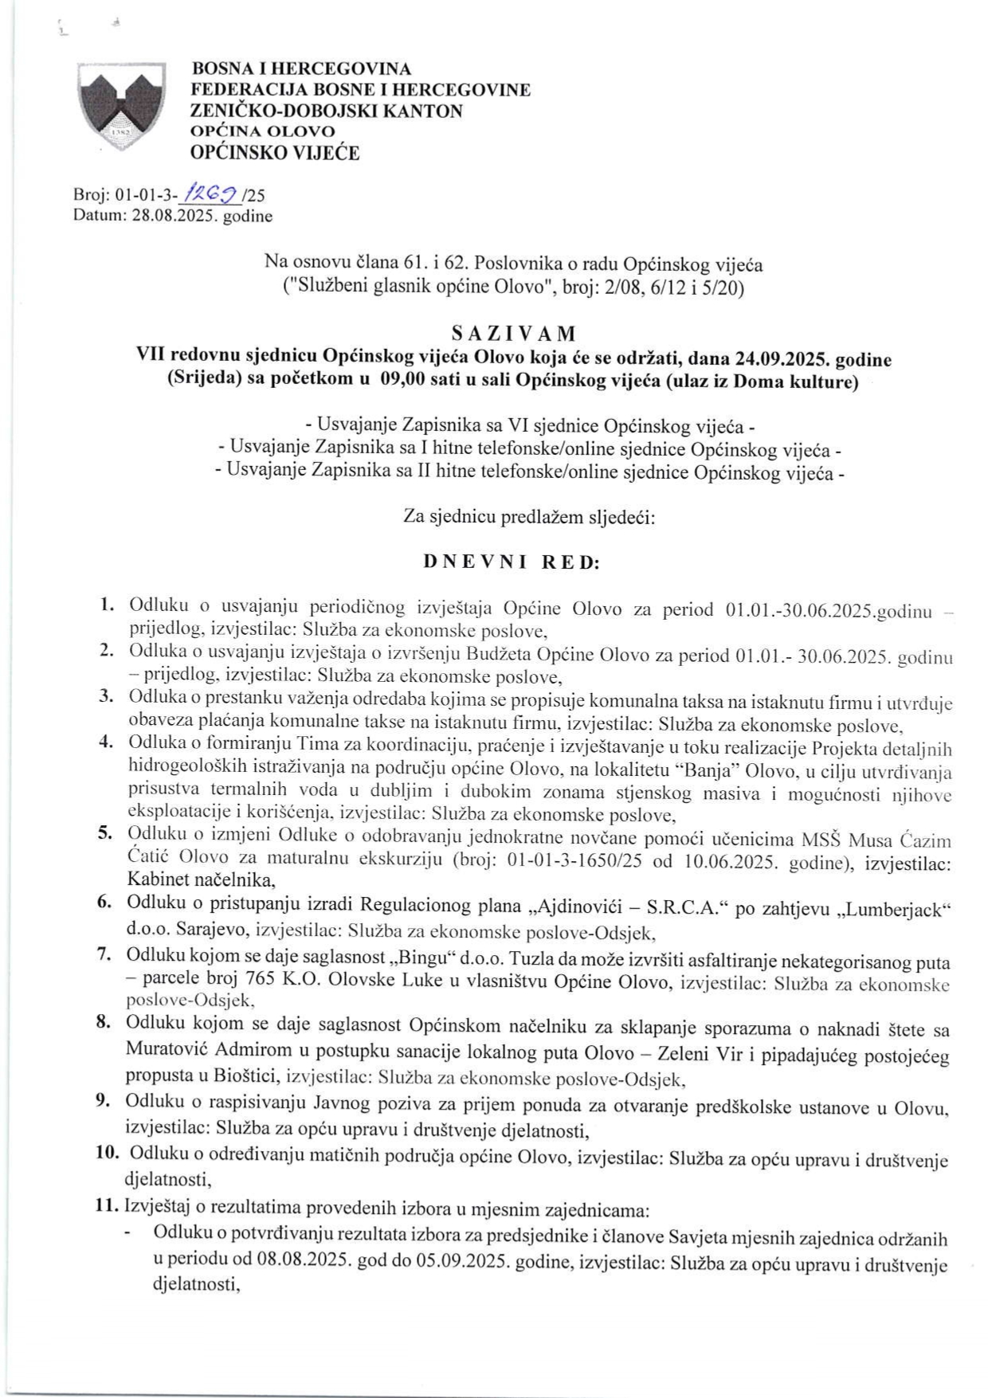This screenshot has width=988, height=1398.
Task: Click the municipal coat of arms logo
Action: (x=120, y=108)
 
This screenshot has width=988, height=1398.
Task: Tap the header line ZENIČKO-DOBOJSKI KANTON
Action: (x=327, y=111)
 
